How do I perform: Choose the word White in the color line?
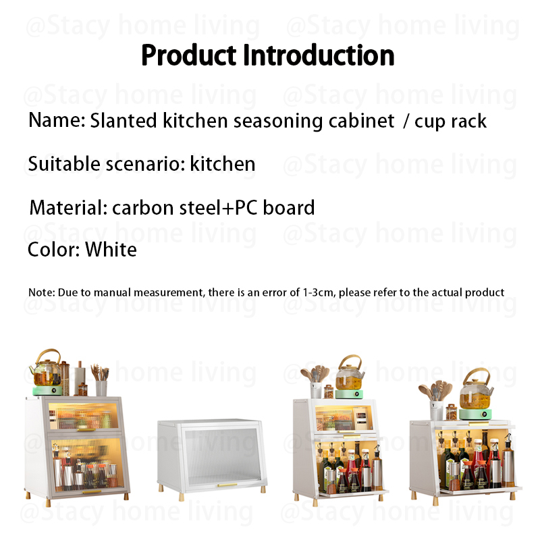coord(111,250)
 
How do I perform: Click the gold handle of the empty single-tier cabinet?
coord(226,485)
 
